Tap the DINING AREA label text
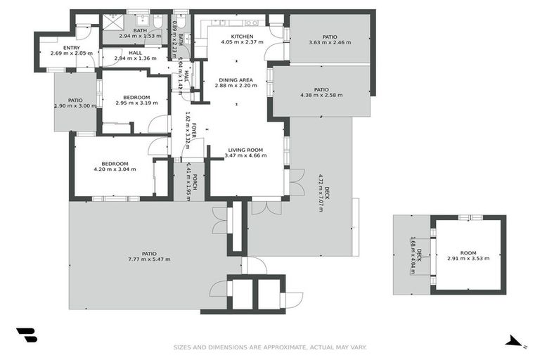tap(236, 79)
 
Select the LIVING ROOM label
tap(244, 150)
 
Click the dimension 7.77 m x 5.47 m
tap(149, 259)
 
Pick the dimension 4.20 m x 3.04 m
tap(115, 169)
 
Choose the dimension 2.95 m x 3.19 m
tap(136, 103)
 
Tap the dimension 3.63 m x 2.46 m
tap(330, 43)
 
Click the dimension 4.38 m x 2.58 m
tap(321, 96)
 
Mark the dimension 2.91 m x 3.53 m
tap(468, 259)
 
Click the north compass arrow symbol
tap(515, 342)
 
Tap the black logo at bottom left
tap(26, 335)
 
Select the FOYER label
tap(195, 130)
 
